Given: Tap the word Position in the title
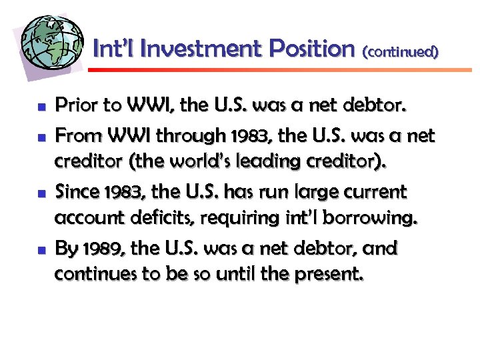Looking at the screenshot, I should point(313,49).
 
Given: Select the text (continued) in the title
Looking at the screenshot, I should point(401,51).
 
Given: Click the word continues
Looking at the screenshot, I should point(98,275).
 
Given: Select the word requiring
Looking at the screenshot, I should point(252,219).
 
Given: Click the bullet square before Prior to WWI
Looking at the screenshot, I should point(41,107).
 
